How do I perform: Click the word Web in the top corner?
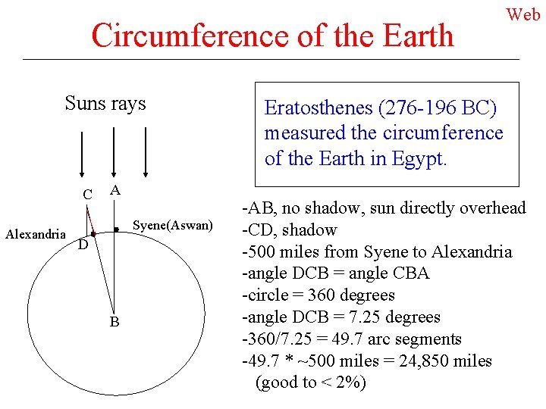point(524,14)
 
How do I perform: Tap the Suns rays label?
point(105,103)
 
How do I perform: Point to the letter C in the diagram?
point(88,195)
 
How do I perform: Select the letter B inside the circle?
point(114,323)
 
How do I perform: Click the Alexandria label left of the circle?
point(36,234)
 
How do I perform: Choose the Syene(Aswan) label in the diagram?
point(173,225)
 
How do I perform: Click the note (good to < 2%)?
point(311,382)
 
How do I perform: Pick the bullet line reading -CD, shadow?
point(289,229)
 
